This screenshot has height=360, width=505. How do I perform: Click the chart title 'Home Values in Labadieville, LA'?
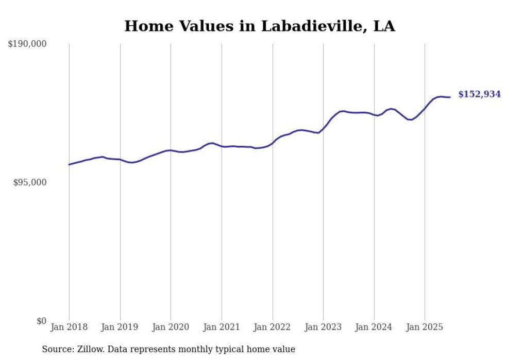coord(260,26)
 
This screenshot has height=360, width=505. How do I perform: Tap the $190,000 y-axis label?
coord(27,44)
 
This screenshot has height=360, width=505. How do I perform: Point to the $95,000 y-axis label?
coord(29,182)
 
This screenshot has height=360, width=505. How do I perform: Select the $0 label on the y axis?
coord(41,321)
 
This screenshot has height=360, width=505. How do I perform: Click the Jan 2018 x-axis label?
coord(69,327)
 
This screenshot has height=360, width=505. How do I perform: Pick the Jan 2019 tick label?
coord(120,327)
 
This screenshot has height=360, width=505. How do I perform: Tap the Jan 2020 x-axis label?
coord(171,327)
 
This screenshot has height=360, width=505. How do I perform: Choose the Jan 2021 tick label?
coord(222,327)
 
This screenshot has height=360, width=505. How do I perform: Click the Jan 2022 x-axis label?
coord(273,327)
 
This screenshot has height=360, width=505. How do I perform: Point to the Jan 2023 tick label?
coord(323,327)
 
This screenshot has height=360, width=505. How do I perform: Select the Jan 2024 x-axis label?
coord(374,327)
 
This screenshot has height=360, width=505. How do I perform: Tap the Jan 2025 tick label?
coord(425,327)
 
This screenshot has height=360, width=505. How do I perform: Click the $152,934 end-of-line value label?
coord(479,94)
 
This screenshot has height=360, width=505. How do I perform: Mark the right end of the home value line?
coord(450,97)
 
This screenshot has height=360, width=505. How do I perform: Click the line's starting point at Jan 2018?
coord(69,164)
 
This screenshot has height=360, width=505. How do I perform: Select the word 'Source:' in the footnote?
coord(57,349)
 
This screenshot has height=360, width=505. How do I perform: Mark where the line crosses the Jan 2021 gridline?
coord(222,146)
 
